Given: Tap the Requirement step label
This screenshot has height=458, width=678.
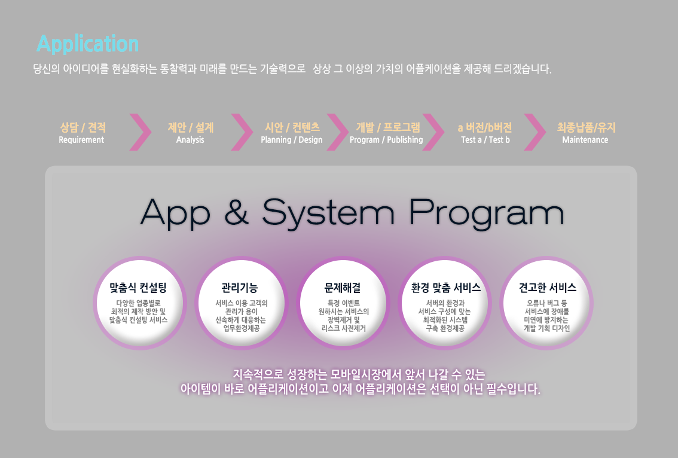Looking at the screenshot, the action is click(81, 140).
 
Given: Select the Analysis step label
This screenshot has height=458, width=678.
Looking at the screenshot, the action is click(190, 140).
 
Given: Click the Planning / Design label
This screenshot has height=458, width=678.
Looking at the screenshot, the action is click(291, 140).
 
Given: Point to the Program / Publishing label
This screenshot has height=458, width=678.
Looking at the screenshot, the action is click(386, 140).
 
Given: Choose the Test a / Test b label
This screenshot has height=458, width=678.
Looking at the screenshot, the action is click(485, 140).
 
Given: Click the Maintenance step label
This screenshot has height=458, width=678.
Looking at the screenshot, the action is click(585, 140).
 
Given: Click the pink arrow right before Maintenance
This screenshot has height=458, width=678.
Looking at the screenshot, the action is click(536, 132).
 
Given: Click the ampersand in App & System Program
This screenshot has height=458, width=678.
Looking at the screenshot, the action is click(237, 212).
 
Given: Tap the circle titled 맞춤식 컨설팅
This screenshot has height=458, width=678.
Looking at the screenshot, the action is click(140, 303).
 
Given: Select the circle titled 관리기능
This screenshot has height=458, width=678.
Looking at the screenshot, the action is click(242, 303).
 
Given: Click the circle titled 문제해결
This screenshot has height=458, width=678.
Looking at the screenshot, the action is click(343, 303).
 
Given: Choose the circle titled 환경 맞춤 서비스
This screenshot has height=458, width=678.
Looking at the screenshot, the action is click(444, 303).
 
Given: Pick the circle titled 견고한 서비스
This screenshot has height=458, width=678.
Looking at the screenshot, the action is click(546, 303).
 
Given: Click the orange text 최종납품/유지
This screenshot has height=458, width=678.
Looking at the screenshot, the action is click(586, 127).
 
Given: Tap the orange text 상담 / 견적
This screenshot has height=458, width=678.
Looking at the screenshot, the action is click(83, 127).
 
